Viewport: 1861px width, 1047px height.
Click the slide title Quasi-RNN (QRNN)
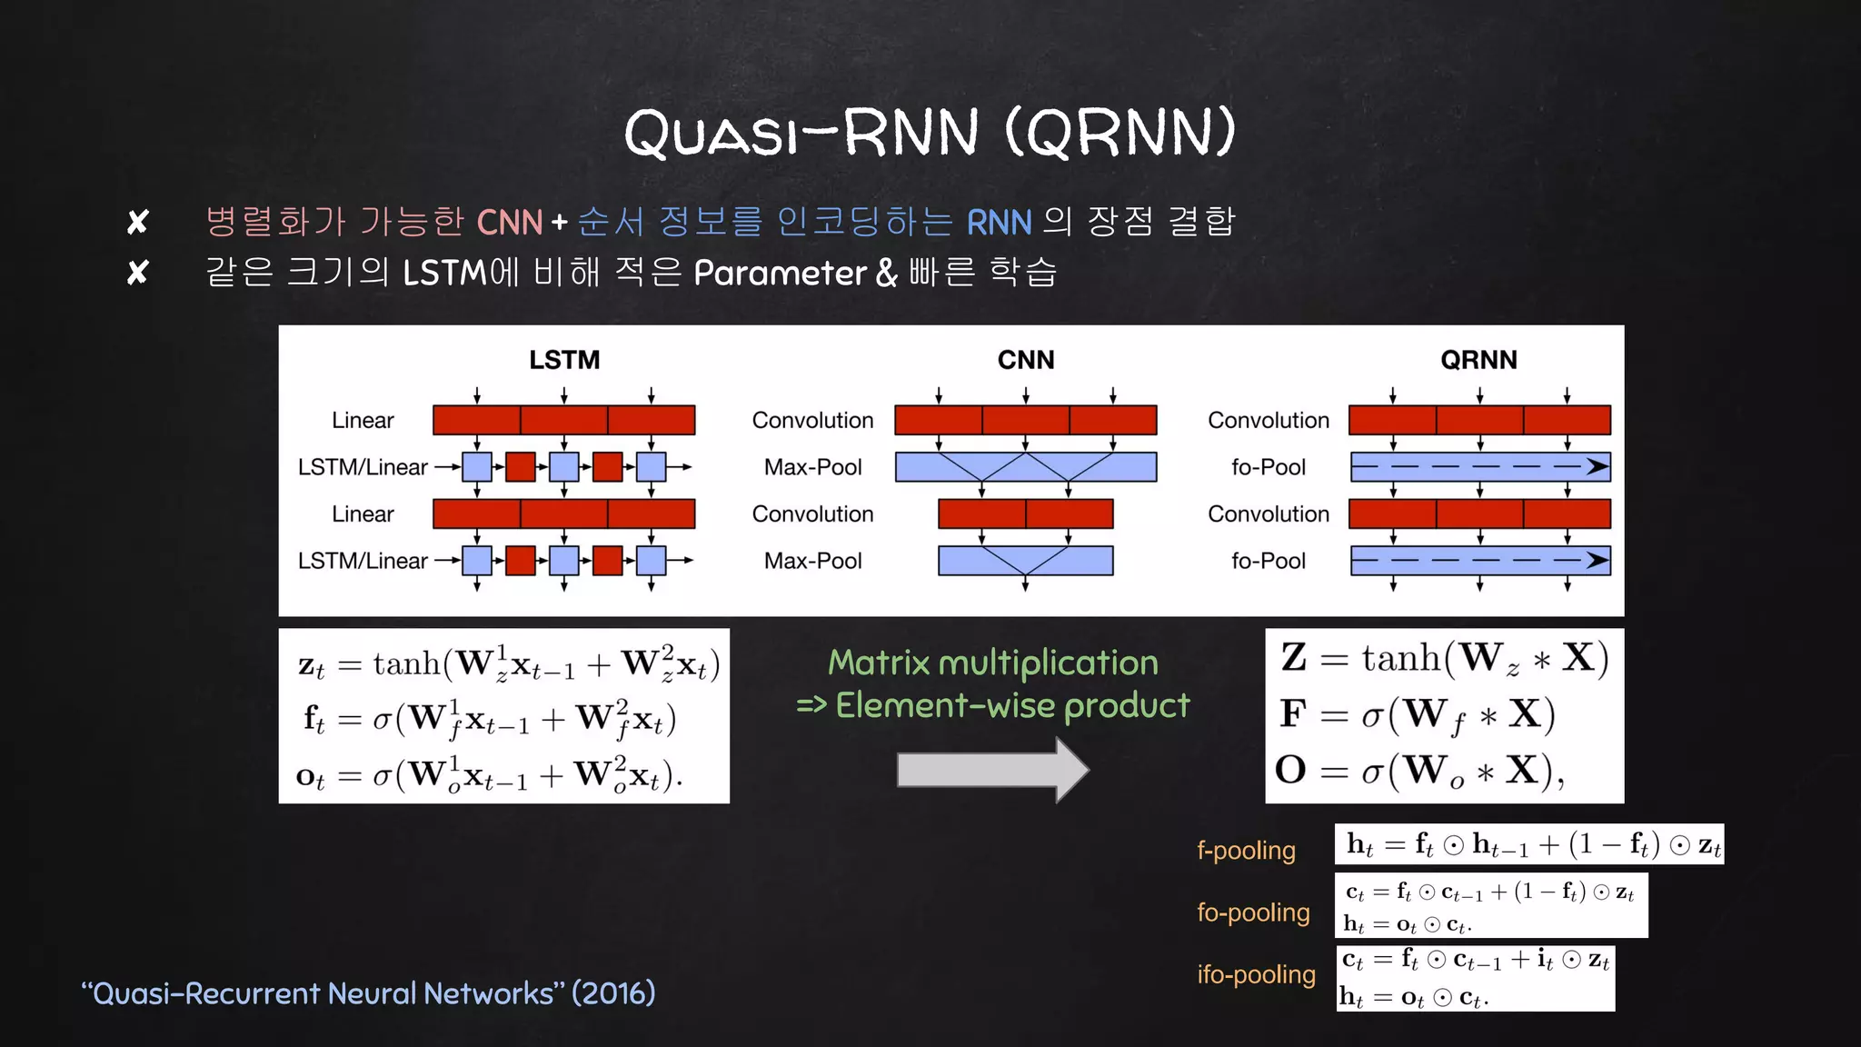(930, 132)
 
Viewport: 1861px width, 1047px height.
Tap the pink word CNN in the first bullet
(509, 222)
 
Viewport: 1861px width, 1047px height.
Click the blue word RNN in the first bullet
(999, 222)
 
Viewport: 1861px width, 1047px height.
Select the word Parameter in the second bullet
(780, 273)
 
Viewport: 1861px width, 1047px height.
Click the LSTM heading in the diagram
(564, 360)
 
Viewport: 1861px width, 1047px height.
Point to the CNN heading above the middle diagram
(1026, 360)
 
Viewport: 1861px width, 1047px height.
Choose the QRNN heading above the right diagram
(1478, 360)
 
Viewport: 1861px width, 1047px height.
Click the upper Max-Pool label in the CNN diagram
(812, 467)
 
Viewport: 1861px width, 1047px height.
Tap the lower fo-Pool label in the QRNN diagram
(1268, 561)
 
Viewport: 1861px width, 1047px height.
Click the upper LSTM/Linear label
(363, 467)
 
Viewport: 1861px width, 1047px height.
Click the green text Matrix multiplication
(992, 663)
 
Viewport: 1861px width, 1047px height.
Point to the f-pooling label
(1246, 851)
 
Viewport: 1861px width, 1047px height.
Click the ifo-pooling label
(1256, 974)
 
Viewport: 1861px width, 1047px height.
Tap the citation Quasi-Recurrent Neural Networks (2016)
(368, 993)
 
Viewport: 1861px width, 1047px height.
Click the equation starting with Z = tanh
(1444, 658)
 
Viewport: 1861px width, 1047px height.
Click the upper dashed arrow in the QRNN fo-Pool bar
(1480, 467)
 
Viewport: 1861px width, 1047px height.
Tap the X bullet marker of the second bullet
(137, 273)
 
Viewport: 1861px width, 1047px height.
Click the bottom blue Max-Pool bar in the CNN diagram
(1025, 561)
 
